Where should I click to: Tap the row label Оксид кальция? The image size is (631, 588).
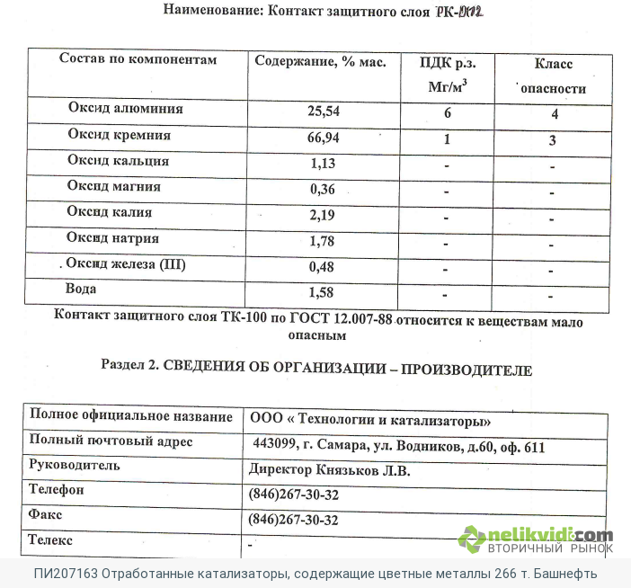(x=118, y=162)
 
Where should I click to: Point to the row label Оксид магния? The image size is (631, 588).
(x=114, y=187)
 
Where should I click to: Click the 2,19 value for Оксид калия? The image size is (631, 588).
(x=322, y=215)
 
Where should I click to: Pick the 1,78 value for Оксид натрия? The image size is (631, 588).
(x=322, y=241)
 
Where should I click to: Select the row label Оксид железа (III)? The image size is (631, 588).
(x=127, y=265)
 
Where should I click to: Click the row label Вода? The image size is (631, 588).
(x=81, y=290)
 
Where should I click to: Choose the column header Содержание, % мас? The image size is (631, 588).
(x=321, y=62)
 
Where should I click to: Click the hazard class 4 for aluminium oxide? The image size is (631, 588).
(x=555, y=114)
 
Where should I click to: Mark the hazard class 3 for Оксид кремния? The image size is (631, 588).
(x=553, y=140)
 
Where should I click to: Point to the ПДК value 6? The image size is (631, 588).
(x=447, y=114)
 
